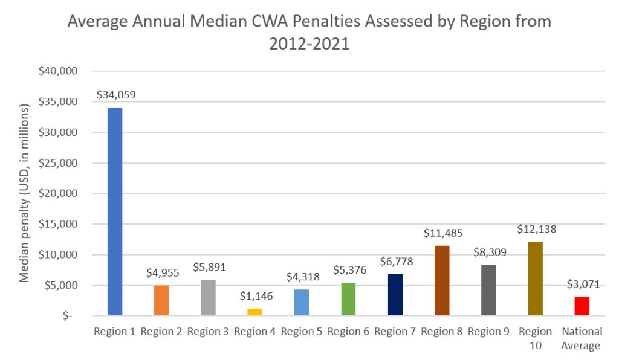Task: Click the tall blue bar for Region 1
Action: point(115,211)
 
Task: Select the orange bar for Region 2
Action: point(161,300)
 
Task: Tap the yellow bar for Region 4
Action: point(255,312)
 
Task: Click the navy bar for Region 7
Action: point(395,295)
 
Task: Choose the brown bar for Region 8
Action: point(442,280)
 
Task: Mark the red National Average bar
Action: point(582,306)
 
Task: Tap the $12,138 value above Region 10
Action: point(536,229)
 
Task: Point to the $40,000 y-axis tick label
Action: point(59,71)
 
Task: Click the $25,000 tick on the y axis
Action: point(59,163)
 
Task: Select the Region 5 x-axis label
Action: point(302,332)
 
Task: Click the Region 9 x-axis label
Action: point(489,332)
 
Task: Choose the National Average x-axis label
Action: point(582,339)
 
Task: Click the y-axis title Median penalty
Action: point(25,193)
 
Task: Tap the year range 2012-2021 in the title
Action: point(309,45)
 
